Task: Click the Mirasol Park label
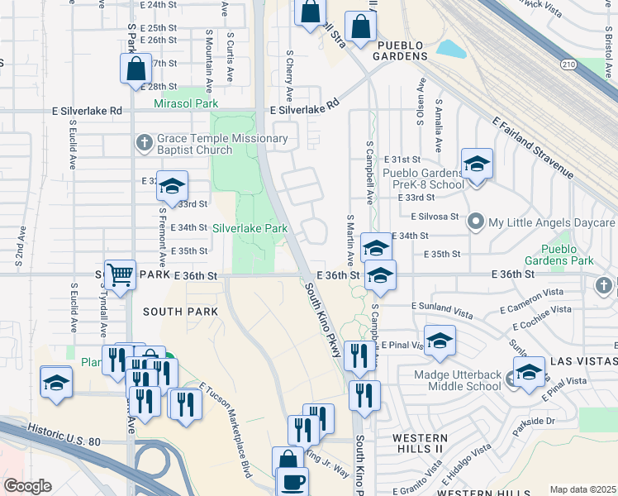pyautogui.click(x=186, y=104)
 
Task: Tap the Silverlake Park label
pyautogui.click(x=250, y=228)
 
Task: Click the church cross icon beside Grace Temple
pyautogui.click(x=145, y=143)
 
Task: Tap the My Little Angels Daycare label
pyautogui.click(x=552, y=222)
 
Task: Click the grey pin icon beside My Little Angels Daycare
pyautogui.click(x=476, y=222)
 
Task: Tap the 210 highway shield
pyautogui.click(x=568, y=64)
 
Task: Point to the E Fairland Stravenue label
pyautogui.click(x=532, y=147)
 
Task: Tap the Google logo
pyautogui.click(x=27, y=486)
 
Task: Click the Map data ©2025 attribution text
pyautogui.click(x=582, y=489)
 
